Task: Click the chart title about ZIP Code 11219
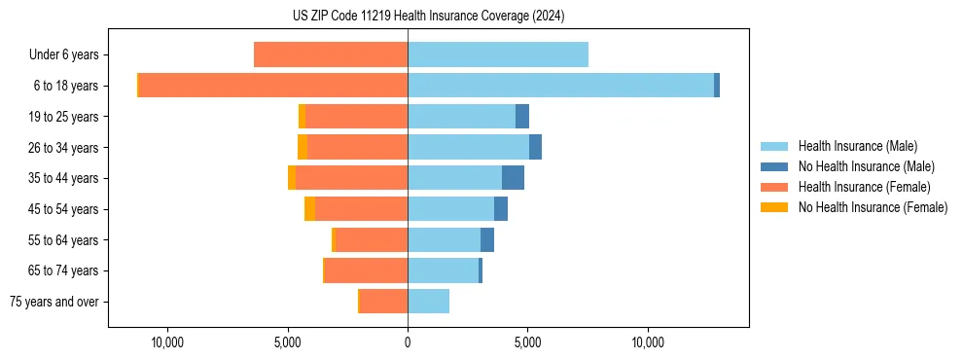[x=428, y=16]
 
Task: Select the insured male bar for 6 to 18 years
[x=560, y=86]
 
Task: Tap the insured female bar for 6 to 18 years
[x=273, y=86]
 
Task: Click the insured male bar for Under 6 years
[x=498, y=54]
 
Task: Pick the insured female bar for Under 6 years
[x=331, y=54]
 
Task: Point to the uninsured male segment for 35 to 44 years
[x=513, y=178]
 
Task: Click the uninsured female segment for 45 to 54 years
[x=309, y=209]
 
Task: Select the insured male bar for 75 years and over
[x=428, y=302]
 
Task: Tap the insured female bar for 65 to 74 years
[x=366, y=270]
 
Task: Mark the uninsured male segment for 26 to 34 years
[x=535, y=147]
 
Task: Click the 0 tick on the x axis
[x=408, y=342]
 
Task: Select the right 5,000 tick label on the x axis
[x=527, y=342]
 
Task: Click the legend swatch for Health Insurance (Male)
[x=774, y=146]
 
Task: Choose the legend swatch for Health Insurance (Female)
[x=774, y=187]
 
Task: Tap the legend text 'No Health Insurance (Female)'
[x=873, y=207]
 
